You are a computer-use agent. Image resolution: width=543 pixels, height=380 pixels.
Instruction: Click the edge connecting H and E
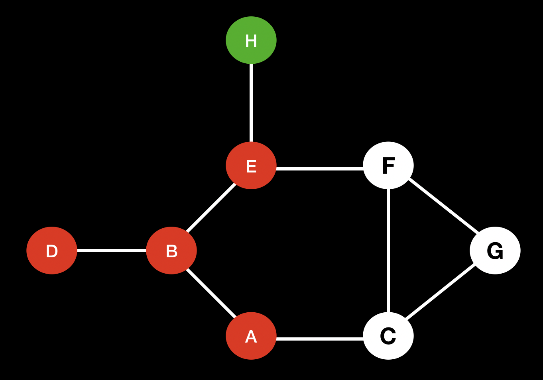coord(251,103)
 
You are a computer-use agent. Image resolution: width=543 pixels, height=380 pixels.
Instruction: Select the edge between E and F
coord(319,169)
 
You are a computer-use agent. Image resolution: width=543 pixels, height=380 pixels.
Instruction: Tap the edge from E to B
coord(211,208)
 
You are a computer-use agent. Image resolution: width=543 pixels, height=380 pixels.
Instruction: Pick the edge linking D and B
coord(111,251)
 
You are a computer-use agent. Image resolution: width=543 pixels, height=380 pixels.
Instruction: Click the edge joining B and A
coord(211,293)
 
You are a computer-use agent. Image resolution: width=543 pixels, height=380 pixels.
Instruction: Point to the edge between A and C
coord(319,339)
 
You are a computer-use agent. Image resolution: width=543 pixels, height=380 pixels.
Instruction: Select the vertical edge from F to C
coord(388,251)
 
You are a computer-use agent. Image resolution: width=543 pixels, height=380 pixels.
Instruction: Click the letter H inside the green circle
coord(251,41)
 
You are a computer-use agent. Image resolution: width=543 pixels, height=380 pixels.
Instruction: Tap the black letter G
coord(495,251)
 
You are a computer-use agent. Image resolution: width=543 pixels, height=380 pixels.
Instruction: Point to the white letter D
coord(52,251)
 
